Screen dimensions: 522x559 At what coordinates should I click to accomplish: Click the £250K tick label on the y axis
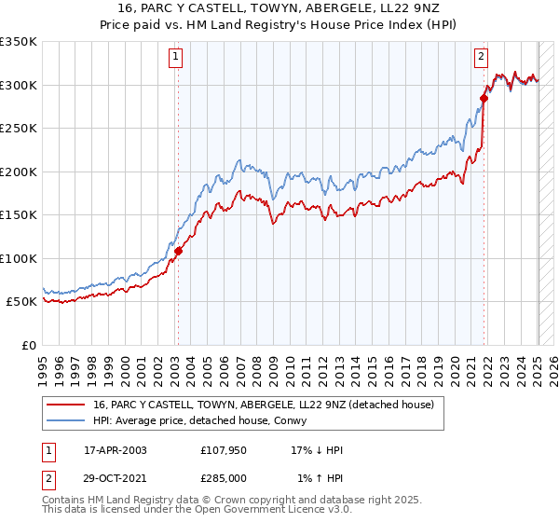[x=19, y=129]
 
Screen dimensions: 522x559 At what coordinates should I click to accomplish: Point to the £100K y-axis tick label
[x=19, y=258]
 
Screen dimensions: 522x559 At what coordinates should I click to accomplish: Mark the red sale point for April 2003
[x=178, y=251]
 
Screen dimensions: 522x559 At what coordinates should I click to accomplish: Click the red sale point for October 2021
[x=484, y=98]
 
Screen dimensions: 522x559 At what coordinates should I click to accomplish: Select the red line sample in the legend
[x=66, y=405]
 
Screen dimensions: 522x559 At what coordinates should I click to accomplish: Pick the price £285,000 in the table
[x=224, y=477]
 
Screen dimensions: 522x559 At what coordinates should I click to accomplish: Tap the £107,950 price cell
[x=224, y=450]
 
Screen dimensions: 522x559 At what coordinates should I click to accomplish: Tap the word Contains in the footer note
[x=65, y=501]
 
